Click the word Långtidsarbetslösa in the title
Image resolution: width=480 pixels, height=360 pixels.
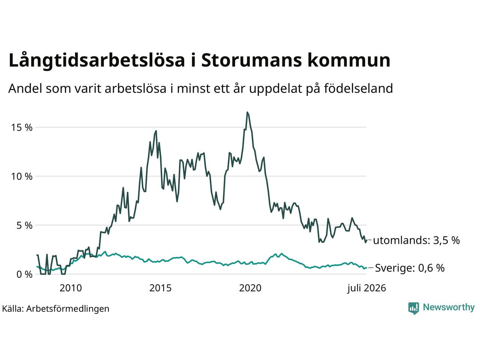pyautogui.click(x=97, y=60)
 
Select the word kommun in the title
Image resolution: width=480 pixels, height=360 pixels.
pyautogui.click(x=349, y=60)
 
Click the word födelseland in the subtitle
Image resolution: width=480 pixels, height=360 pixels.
pyautogui.click(x=358, y=88)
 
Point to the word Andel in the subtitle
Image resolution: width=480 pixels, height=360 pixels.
pyautogui.click(x=25, y=88)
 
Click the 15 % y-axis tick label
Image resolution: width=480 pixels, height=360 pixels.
pyautogui.click(x=22, y=127)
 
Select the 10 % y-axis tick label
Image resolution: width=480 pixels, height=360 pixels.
pyautogui.click(x=22, y=176)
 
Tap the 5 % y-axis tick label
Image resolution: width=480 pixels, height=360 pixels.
pyautogui.click(x=24, y=225)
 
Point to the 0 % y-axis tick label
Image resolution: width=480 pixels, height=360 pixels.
pyautogui.click(x=24, y=274)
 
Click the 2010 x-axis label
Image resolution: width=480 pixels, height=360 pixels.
pyautogui.click(x=70, y=288)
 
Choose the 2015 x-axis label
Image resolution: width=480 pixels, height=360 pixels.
pyautogui.click(x=160, y=288)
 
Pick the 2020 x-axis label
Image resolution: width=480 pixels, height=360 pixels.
pyautogui.click(x=250, y=288)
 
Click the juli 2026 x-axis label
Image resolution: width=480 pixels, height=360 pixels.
pyautogui.click(x=367, y=288)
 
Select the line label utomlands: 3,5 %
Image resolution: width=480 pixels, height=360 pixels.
pyautogui.click(x=416, y=240)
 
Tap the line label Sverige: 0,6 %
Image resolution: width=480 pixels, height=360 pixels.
pyautogui.click(x=410, y=268)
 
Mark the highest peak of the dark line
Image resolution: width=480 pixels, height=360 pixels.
pyautogui.click(x=247, y=112)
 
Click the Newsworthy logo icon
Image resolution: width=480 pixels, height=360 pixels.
pyautogui.click(x=414, y=308)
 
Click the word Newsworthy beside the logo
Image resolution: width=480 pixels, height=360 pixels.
pyautogui.click(x=449, y=307)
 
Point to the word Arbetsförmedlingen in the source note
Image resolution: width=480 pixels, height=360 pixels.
pyautogui.click(x=68, y=309)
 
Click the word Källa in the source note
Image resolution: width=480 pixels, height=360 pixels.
pyautogui.click(x=13, y=309)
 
